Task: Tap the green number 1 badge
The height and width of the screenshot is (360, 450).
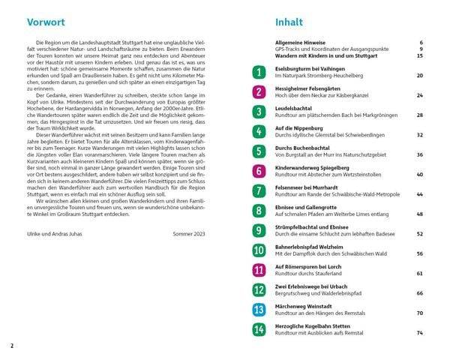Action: point(259,72)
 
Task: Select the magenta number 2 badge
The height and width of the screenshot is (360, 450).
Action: point(259,92)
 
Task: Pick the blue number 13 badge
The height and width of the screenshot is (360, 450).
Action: point(259,309)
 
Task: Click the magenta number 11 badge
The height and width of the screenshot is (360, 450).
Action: point(259,270)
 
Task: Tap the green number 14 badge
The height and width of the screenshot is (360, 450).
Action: point(259,329)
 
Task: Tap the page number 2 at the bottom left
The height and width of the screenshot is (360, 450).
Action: point(12,346)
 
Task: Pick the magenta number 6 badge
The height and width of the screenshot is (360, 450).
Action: point(259,171)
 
